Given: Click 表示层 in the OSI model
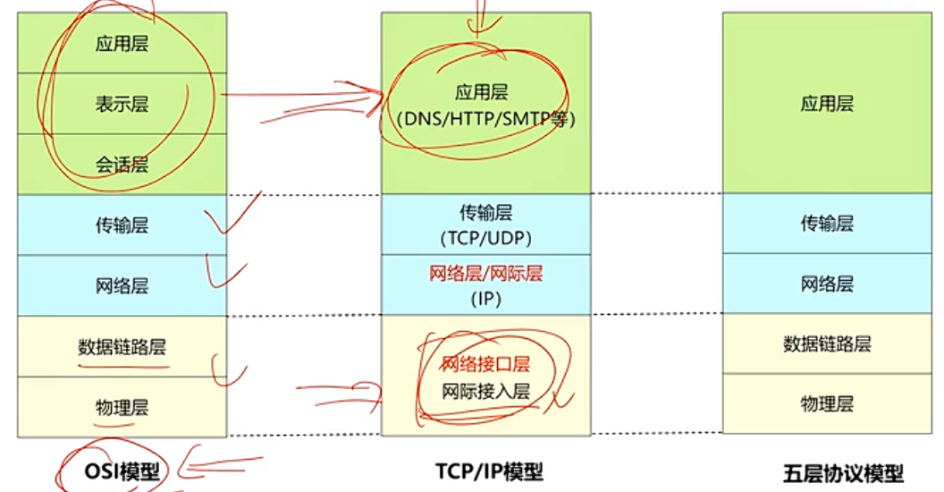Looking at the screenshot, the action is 122,105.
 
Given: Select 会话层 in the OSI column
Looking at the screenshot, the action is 122,165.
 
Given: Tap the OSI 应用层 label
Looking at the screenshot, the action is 122,44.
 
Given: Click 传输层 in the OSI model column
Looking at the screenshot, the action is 122,225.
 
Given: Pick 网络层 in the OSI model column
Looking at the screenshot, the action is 122,286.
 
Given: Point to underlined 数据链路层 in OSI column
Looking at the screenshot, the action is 122,347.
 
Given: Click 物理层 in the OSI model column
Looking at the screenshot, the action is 122,408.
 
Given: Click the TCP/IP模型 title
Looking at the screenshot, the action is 489,471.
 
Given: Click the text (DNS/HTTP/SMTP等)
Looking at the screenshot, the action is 485,118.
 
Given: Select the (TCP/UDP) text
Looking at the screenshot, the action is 485,238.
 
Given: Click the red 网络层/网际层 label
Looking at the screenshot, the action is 485,274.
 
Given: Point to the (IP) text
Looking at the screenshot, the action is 485,299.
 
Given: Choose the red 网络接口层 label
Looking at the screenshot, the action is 485,364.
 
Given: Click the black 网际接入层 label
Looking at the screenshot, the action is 485,391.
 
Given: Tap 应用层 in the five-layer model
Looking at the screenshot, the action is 827,104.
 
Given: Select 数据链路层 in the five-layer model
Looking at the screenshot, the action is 827,344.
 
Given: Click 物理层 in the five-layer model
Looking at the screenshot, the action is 827,403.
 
